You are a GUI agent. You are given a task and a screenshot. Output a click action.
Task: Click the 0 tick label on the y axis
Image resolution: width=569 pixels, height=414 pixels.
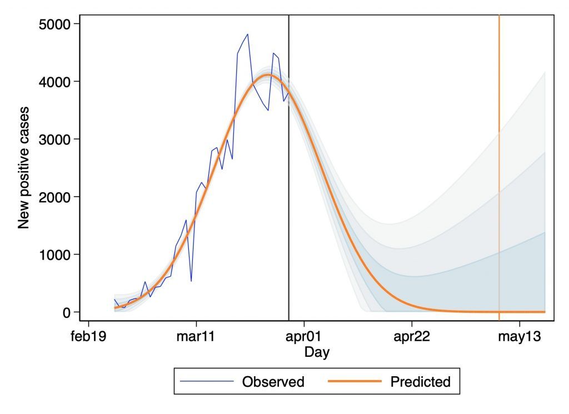tap(67, 312)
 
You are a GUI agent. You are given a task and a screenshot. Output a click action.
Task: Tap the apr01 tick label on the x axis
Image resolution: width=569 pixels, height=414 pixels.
tap(304, 337)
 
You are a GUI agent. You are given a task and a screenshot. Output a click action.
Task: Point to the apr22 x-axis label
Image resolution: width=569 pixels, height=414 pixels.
tap(412, 337)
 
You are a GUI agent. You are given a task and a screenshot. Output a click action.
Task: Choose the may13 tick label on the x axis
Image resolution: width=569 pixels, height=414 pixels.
tap(520, 337)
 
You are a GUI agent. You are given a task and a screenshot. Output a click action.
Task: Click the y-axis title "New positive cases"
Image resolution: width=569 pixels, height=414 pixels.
tap(23, 168)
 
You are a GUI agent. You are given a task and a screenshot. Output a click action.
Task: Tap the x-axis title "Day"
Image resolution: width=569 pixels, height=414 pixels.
tap(317, 352)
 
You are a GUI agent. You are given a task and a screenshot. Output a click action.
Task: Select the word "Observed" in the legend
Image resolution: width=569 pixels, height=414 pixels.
tap(273, 382)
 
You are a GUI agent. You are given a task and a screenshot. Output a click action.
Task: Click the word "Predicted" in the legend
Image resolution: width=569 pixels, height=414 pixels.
tap(420, 382)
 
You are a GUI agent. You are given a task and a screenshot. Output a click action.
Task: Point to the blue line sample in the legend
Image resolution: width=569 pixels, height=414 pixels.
tap(207, 382)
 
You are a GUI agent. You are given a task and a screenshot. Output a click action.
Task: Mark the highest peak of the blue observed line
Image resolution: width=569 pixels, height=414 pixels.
tap(247, 34)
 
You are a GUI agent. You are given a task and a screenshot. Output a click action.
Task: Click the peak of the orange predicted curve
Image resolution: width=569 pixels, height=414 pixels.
tap(268, 74)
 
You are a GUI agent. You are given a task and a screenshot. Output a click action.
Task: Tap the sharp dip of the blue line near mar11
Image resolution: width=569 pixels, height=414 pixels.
tap(191, 281)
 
